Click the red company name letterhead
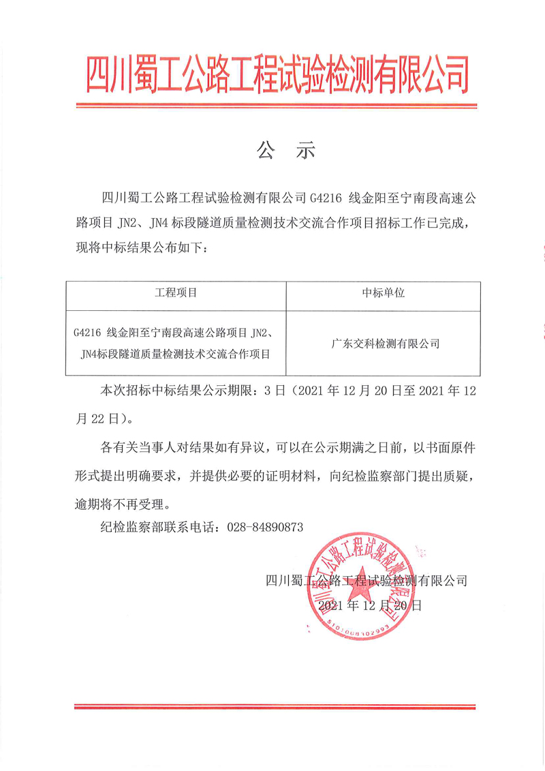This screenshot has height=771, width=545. click(277, 74)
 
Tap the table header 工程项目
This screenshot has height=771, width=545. click(176, 293)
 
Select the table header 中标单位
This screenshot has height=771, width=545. click(383, 293)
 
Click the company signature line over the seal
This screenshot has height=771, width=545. click(367, 580)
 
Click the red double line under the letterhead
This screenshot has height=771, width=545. click(276, 106)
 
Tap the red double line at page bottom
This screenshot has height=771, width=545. click(276, 706)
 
